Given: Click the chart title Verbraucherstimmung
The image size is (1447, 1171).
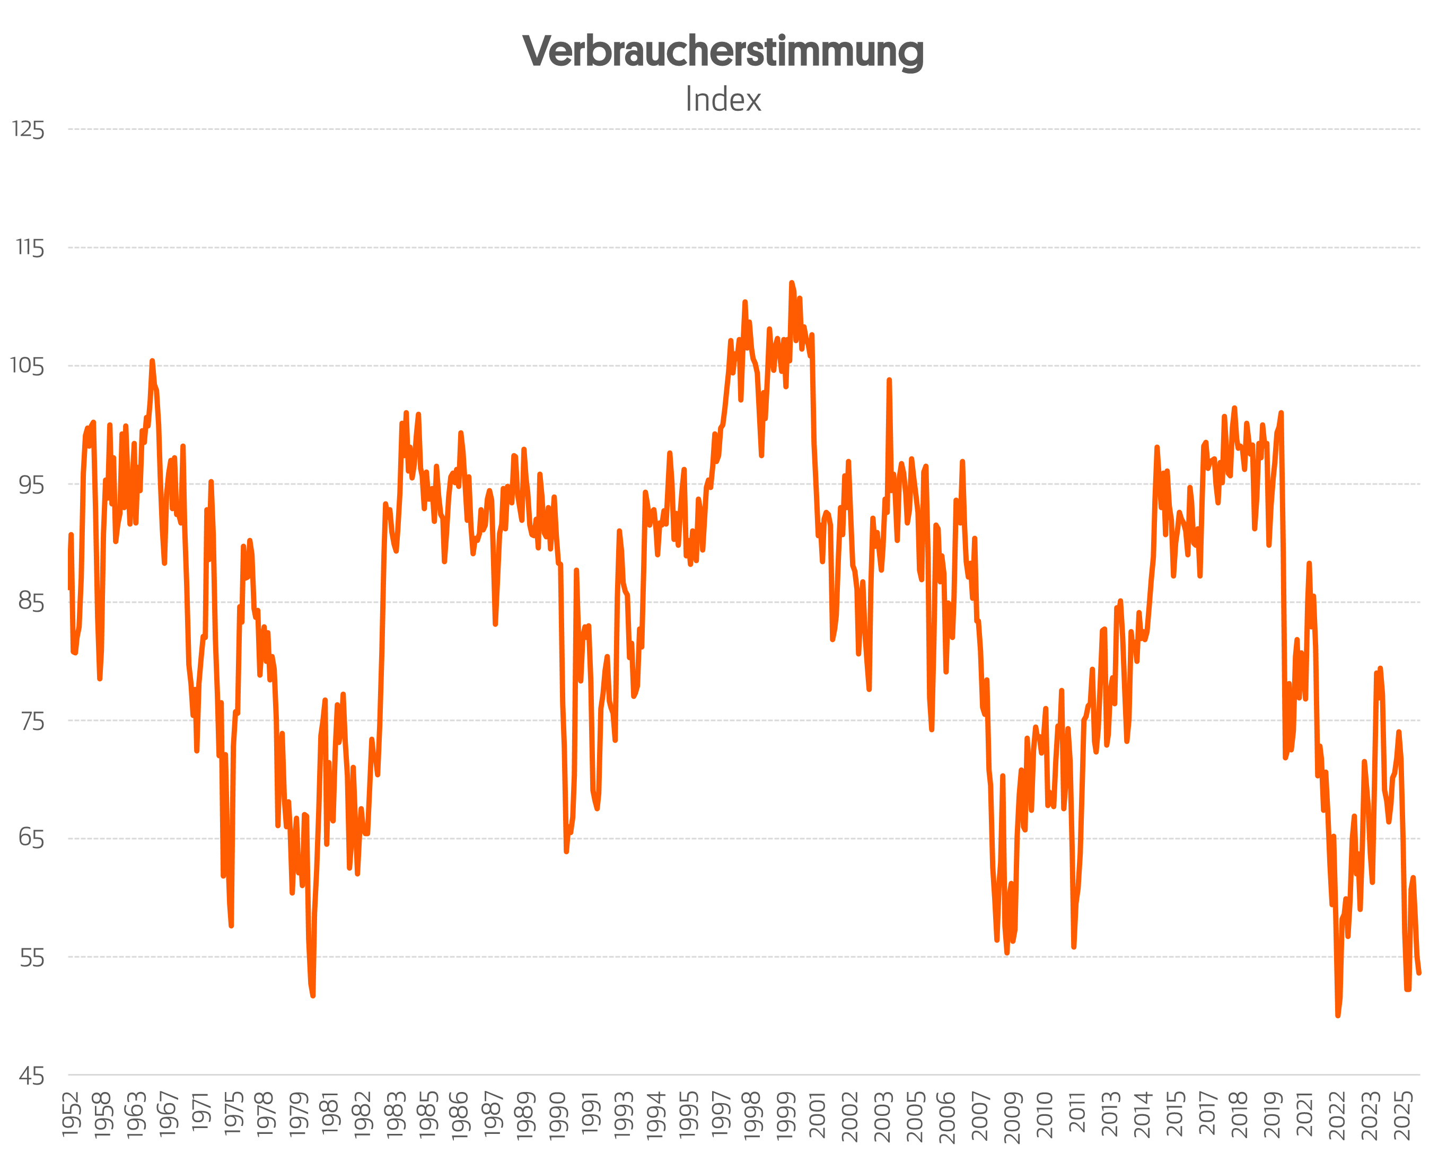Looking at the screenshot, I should coord(723,52).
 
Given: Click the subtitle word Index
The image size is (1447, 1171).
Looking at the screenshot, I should coord(723,100).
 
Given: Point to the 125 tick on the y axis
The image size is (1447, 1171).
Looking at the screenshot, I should coord(28,129).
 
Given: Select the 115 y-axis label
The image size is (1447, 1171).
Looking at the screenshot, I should coord(30,248).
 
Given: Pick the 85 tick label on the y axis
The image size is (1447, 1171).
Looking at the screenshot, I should coord(31,602).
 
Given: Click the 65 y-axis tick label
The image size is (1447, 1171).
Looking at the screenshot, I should coord(31,839).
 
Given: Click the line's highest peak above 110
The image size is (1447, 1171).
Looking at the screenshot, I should coord(791,283).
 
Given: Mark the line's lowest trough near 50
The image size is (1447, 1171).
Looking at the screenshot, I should coord(1338,1015).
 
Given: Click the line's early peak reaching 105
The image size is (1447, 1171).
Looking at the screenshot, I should coord(152,361).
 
